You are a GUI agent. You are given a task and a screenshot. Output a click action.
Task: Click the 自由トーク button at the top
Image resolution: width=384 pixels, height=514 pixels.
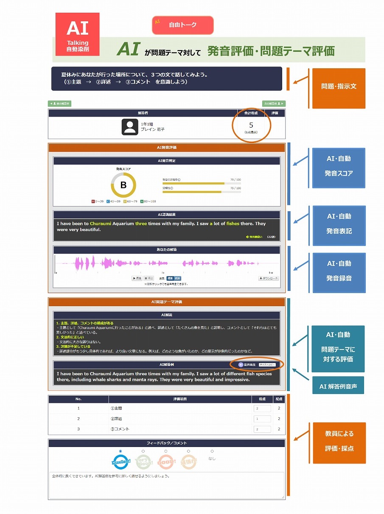[x=183, y=25]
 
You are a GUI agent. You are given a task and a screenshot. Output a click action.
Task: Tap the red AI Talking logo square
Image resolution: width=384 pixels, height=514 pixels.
[x=78, y=34]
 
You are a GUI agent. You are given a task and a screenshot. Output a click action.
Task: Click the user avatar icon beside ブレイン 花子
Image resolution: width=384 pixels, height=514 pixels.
[x=130, y=127]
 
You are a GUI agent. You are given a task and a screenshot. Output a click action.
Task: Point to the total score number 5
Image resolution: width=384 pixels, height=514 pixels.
[x=251, y=125]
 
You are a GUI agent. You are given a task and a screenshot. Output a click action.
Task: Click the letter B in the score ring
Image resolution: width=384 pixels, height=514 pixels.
[x=123, y=185]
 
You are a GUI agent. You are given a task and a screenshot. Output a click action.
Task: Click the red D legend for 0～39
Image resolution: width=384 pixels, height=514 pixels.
[x=93, y=201]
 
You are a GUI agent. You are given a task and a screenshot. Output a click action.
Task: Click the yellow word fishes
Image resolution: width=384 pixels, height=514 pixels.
[x=233, y=223]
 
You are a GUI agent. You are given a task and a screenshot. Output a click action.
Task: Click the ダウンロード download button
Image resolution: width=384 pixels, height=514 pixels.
[x=269, y=278]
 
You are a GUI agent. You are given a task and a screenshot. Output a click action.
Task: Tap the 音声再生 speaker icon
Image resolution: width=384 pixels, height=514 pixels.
[x=241, y=364]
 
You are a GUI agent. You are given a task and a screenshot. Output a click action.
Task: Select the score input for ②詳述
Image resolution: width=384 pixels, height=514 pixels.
[x=262, y=419]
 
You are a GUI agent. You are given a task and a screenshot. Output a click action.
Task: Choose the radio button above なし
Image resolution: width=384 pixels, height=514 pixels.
[x=212, y=451]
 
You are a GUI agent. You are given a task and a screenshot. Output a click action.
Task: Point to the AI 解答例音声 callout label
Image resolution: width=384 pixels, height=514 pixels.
[x=338, y=386]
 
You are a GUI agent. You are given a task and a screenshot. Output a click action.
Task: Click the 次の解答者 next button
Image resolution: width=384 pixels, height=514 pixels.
[x=274, y=103]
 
